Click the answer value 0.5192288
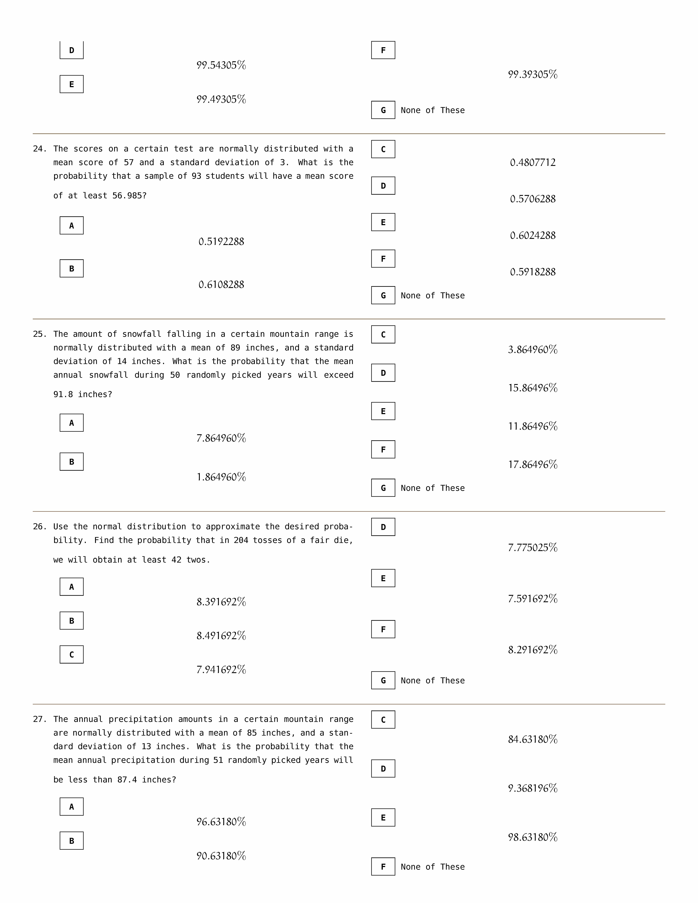tap(221, 241)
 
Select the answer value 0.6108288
tap(221, 284)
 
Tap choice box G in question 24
tap(383, 295)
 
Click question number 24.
tap(40, 149)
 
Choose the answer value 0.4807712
tap(533, 162)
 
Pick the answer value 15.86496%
tap(533, 388)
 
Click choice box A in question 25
tap(72, 423)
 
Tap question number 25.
tap(40, 334)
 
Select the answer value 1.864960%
tap(221, 477)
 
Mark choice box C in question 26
tap(72, 654)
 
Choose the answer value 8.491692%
tap(221, 636)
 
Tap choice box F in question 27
tap(383, 867)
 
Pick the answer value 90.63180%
tap(221, 856)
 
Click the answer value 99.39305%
tap(533, 74)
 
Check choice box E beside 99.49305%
tap(72, 84)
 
